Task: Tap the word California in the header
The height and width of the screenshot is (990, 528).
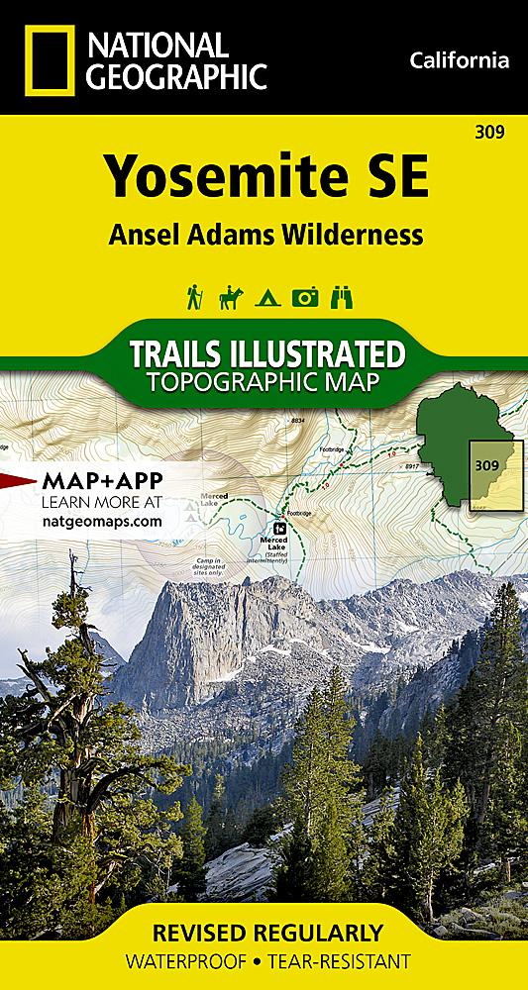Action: (x=459, y=61)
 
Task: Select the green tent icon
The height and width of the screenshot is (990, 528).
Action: (x=267, y=297)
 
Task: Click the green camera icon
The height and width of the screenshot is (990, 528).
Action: (x=304, y=297)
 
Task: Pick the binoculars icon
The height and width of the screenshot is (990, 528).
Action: (x=342, y=297)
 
